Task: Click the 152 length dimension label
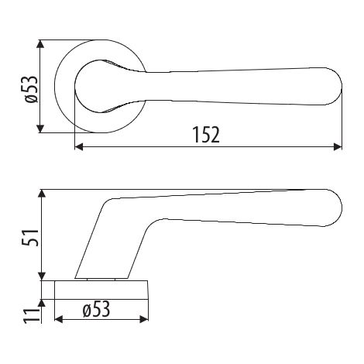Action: pos(207,135)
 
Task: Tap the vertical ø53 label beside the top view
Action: pos(32,89)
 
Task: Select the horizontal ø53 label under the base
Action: pos(96,309)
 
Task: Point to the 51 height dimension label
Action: pos(31,238)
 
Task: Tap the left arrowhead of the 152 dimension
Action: pos(79,147)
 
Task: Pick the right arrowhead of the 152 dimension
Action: pos(338,147)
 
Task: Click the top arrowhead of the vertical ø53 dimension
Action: pos(39,44)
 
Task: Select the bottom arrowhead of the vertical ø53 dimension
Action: pos(39,129)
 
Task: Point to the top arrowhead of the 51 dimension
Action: pos(42,194)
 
